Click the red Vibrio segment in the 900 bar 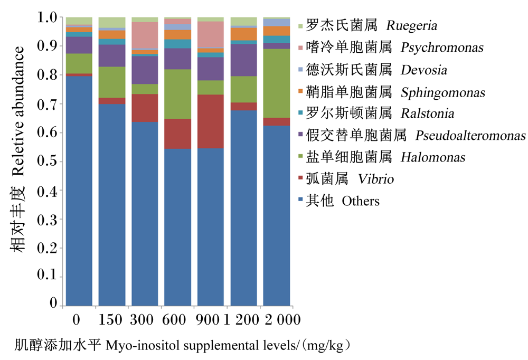(x=211, y=121)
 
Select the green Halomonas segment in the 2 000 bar (x=277, y=83)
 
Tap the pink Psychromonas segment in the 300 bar (x=145, y=35)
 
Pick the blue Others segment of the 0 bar (x=79, y=191)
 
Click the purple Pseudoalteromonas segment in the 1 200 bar (x=243, y=60)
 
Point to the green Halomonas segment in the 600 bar (x=177, y=94)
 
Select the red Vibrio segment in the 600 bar (x=177, y=134)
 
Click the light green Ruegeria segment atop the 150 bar (x=112, y=22)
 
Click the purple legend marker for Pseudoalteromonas (x=301, y=134)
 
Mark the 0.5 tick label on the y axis (x=47, y=161)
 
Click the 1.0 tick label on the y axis (x=47, y=17)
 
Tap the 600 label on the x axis (x=174, y=319)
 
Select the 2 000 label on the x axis (x=282, y=319)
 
